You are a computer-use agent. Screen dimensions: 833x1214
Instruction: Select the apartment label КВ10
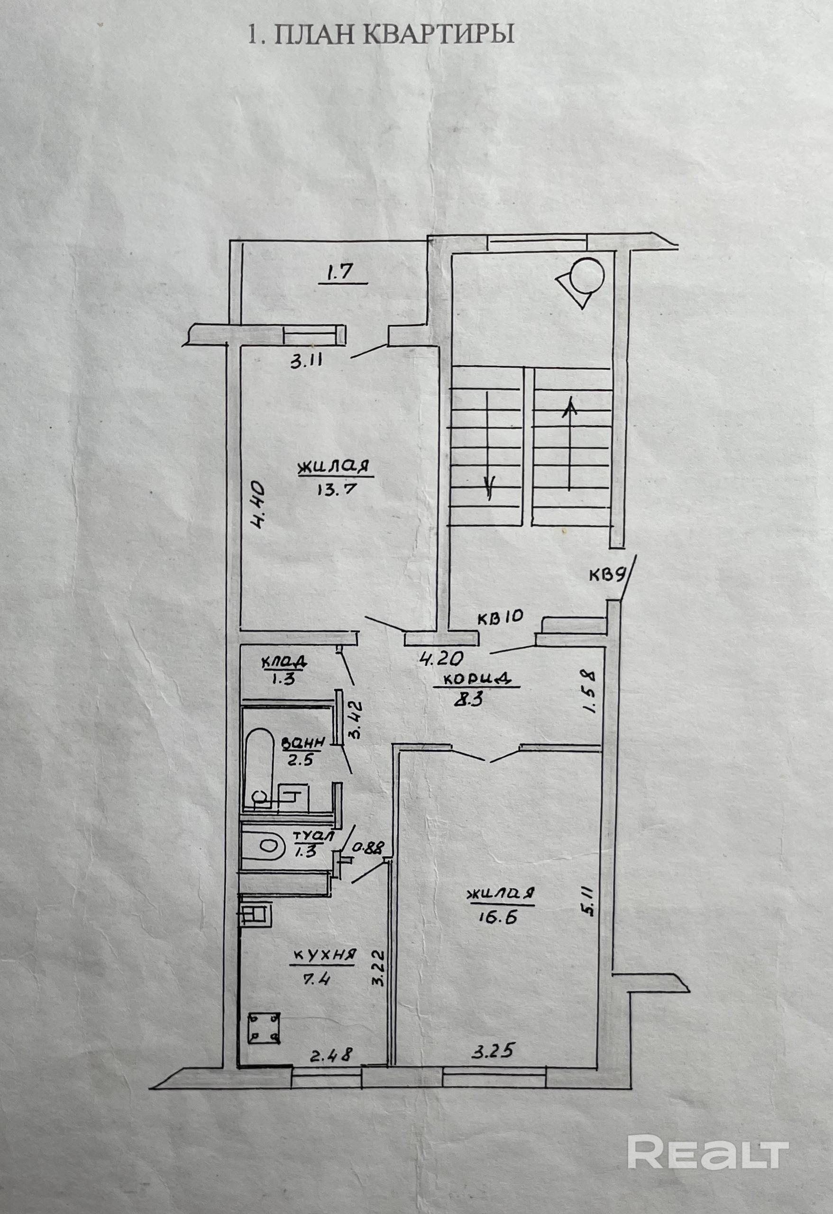point(500,617)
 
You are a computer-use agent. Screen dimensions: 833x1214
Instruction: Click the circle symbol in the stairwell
point(587,276)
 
